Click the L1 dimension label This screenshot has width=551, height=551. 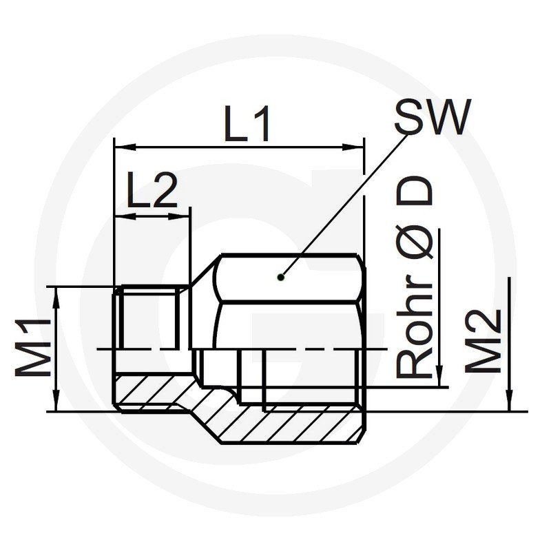click(x=248, y=124)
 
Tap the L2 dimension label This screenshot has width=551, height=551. click(x=152, y=189)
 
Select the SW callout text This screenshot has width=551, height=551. click(x=432, y=116)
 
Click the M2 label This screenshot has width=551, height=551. click(x=483, y=342)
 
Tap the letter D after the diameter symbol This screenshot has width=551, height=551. click(x=414, y=190)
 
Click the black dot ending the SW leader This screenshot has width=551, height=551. click(x=280, y=278)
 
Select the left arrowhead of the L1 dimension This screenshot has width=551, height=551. click(x=125, y=147)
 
